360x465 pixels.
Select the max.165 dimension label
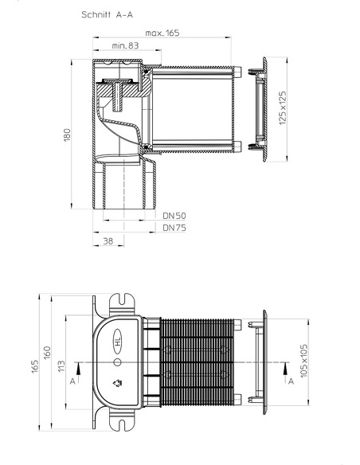(162, 33)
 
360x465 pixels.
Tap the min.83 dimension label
(123, 50)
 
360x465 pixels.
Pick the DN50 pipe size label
(174, 215)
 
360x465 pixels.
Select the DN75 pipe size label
(174, 227)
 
